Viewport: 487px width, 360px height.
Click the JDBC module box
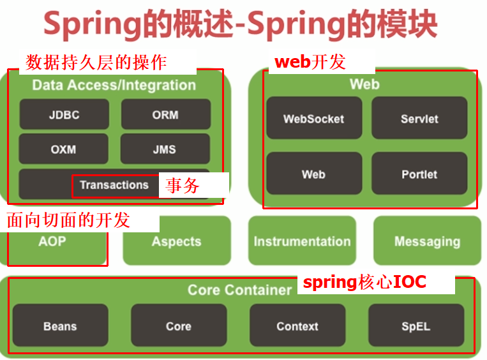(64, 115)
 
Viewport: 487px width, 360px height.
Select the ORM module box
(165, 115)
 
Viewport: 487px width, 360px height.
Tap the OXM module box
(63, 149)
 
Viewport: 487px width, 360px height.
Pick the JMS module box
(165, 149)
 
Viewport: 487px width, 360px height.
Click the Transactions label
(114, 185)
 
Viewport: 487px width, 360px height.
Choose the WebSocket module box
(313, 119)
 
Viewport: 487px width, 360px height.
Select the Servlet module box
(419, 119)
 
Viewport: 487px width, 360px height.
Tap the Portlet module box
(419, 174)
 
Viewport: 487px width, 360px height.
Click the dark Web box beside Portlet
(313, 174)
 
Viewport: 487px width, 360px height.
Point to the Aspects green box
(176, 241)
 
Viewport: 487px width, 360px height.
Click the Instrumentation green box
(302, 241)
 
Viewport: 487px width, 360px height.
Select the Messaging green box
(427, 241)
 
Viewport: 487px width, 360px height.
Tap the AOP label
(52, 241)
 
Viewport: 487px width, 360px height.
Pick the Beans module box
(60, 326)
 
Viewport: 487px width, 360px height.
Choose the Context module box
(297, 326)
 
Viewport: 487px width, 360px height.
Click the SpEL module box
(416, 326)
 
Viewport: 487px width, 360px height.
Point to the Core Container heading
(239, 290)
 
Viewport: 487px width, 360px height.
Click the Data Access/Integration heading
(114, 85)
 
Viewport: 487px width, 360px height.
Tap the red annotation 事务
(183, 186)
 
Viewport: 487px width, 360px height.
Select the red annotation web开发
(310, 62)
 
